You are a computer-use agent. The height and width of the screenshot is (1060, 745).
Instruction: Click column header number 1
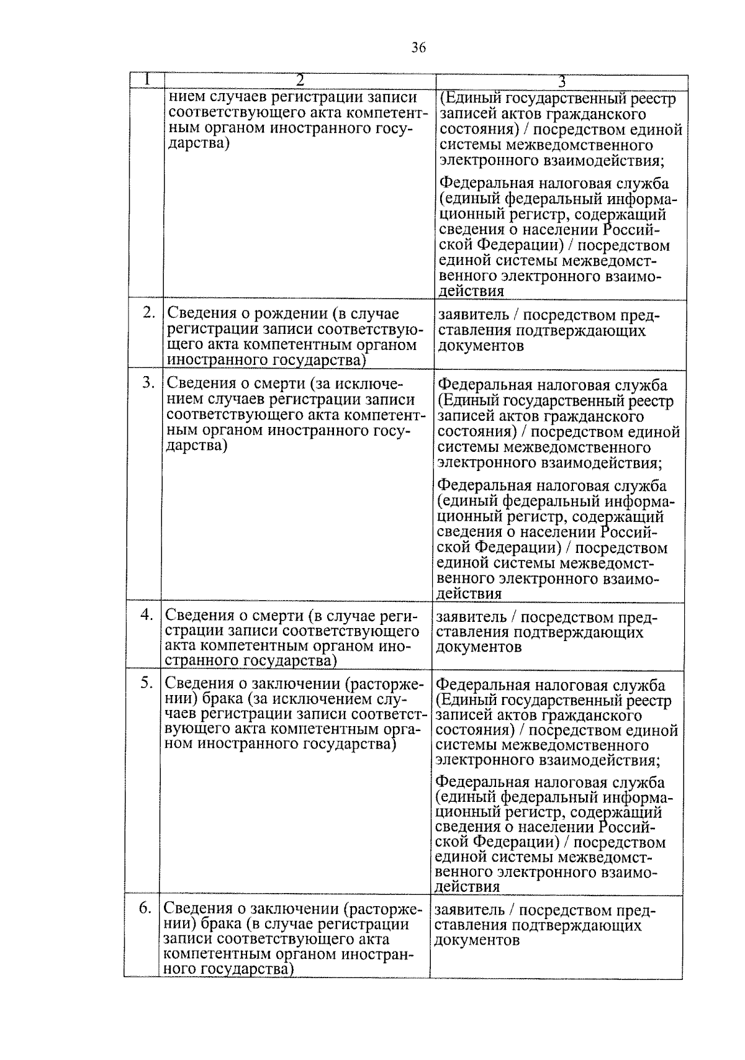147,80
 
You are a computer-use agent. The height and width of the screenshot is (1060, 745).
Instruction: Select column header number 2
300,81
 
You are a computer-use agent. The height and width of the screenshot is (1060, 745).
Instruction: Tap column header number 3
562,81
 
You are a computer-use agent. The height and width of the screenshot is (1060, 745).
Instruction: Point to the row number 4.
147,614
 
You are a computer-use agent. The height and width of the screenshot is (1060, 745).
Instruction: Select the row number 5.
147,683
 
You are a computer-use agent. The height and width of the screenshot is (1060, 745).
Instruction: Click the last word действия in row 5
467,887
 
